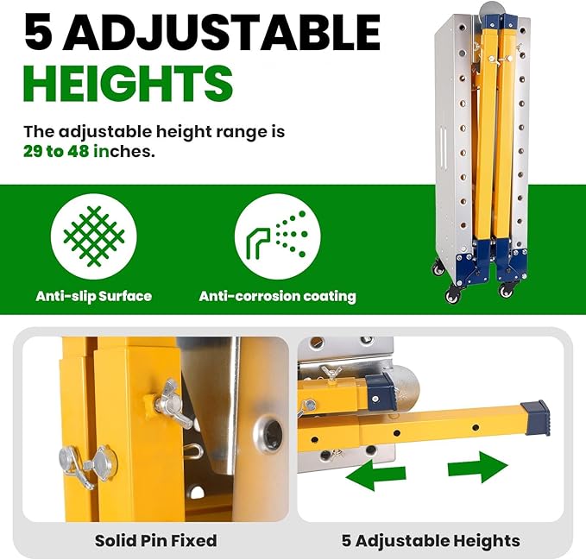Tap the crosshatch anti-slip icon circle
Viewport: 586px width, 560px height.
(93, 236)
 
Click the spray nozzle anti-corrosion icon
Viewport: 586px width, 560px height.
(277, 236)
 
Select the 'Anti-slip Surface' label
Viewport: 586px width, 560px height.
(93, 296)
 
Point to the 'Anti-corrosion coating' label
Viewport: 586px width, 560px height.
(277, 296)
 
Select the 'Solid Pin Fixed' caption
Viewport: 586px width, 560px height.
(155, 541)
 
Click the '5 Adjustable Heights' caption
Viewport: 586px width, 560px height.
(431, 541)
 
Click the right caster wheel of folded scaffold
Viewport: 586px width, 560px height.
(506, 292)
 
